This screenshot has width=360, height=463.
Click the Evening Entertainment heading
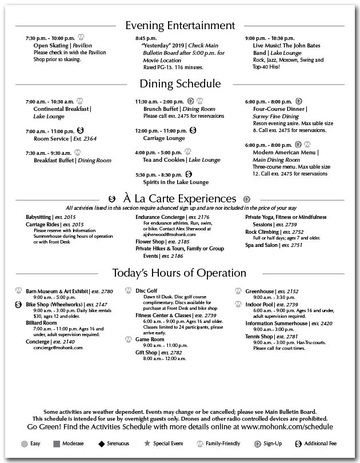180,25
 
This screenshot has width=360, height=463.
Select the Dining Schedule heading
180,84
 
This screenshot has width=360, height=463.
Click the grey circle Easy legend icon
25,443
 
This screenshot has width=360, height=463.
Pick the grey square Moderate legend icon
57,443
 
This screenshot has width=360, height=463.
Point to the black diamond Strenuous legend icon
101,443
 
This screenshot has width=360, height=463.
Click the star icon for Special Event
147,443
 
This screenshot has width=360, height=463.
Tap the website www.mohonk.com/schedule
286,426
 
